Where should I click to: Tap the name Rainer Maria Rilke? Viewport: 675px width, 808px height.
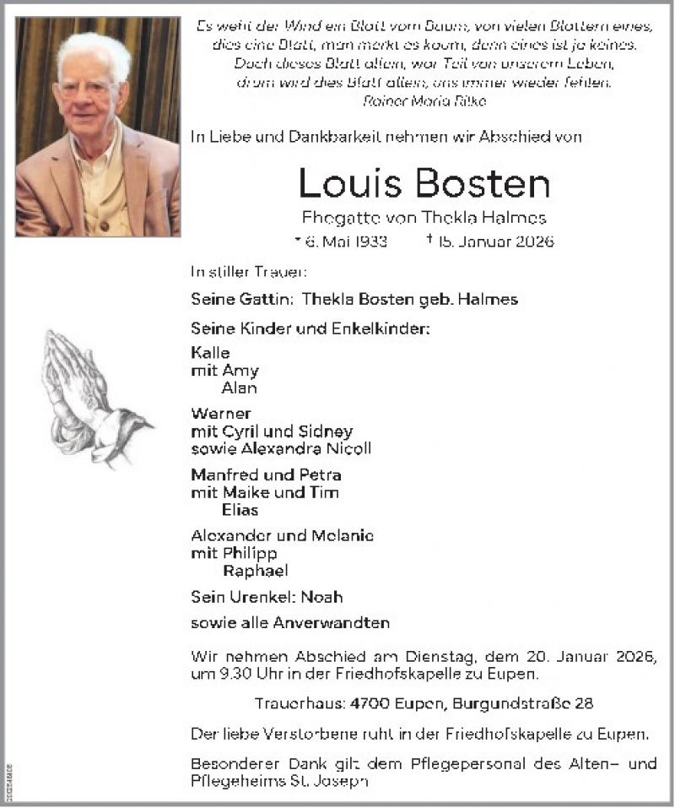pos(424,100)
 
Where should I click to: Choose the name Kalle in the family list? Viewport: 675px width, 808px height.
pos(210,353)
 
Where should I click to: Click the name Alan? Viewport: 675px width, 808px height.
pos(239,388)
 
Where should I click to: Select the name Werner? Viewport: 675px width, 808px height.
pos(221,414)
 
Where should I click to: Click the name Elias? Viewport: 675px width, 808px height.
pos(240,510)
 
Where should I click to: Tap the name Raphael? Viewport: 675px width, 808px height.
pos(255,571)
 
